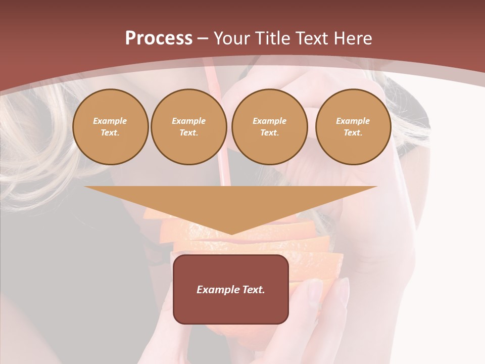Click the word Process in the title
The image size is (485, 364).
[x=159, y=38]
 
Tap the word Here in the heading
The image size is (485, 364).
[x=352, y=38]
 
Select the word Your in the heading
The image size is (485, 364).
[x=232, y=38]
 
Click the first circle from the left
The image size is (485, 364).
[x=110, y=127]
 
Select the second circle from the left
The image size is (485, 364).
[x=189, y=127]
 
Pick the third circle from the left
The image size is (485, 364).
[x=269, y=127]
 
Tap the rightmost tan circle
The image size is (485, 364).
[x=353, y=127]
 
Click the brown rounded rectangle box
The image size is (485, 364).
[x=230, y=289]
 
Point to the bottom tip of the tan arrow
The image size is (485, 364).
[x=231, y=234]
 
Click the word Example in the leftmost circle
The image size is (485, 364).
[x=110, y=121]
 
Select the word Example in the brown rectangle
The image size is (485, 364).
[x=218, y=290]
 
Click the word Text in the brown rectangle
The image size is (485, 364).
[x=253, y=290]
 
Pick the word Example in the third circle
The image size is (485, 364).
[x=269, y=121]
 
